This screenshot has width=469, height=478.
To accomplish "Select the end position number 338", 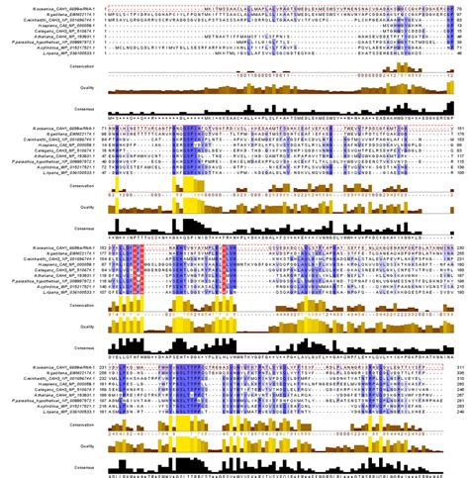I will click(460, 384).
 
